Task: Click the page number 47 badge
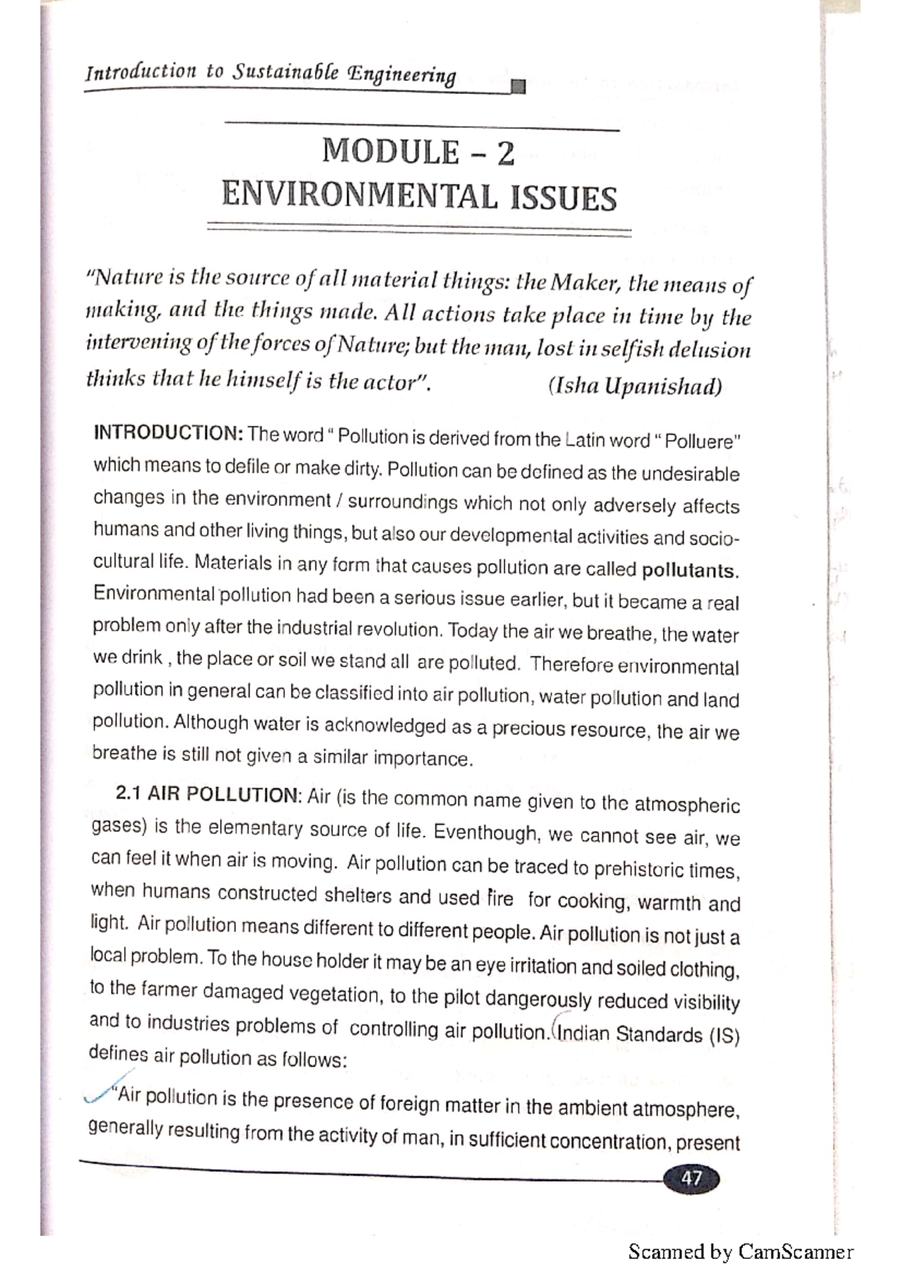691,1179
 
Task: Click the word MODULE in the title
390,152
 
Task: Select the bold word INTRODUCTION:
167,433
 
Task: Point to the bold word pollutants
690,570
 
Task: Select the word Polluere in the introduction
702,441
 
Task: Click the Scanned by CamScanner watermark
740,1251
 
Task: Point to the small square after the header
517,88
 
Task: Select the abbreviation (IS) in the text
724,1036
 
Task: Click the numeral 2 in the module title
505,154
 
